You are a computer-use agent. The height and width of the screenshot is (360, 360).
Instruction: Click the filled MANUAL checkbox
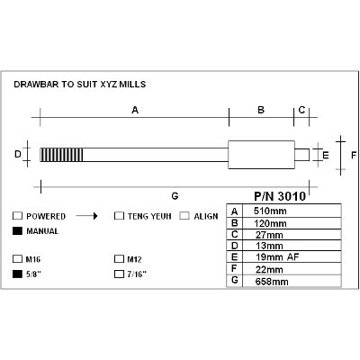18,231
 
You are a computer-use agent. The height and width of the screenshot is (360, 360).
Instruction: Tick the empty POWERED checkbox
18,216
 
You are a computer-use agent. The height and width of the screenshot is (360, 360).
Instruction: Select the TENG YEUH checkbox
119,216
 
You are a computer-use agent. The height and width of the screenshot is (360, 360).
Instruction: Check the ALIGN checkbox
184,216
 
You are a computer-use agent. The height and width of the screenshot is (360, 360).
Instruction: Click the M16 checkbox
18,259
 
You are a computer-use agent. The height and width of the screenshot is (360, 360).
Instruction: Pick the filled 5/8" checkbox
18,274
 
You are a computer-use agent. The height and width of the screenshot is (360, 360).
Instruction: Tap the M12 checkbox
119,259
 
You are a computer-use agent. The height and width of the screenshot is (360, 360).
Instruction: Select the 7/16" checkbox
119,274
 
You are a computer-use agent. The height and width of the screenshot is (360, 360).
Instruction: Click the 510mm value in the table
270,211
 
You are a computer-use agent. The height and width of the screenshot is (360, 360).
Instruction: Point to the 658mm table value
272,282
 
